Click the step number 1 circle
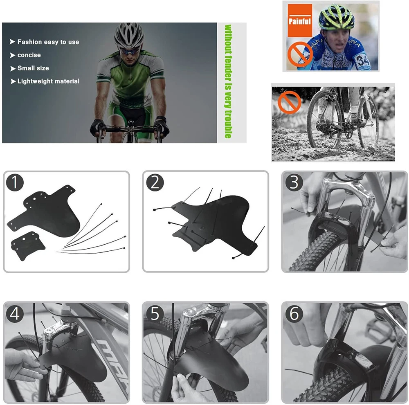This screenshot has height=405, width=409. pos(15,182)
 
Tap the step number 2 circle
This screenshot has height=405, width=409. pos(155,182)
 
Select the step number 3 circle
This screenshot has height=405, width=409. pos(294,182)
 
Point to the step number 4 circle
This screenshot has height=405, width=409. pos(15,313)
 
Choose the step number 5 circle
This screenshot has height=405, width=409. pos(155,313)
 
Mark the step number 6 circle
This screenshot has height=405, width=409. pos(294,313)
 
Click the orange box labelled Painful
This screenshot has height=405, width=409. pos(300,20)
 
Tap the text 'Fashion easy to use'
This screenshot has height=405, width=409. pos(48,42)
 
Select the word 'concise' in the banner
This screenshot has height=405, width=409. pos(29,55)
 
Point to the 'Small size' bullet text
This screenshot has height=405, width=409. pos(33,68)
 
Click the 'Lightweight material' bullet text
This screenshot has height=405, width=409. pos(49,81)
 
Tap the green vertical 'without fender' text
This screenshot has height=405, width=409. pos(228,81)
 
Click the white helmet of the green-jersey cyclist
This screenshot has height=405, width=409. pos(129,35)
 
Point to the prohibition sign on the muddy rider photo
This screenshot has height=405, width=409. pos(300,54)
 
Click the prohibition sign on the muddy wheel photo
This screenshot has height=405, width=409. pos(290,102)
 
